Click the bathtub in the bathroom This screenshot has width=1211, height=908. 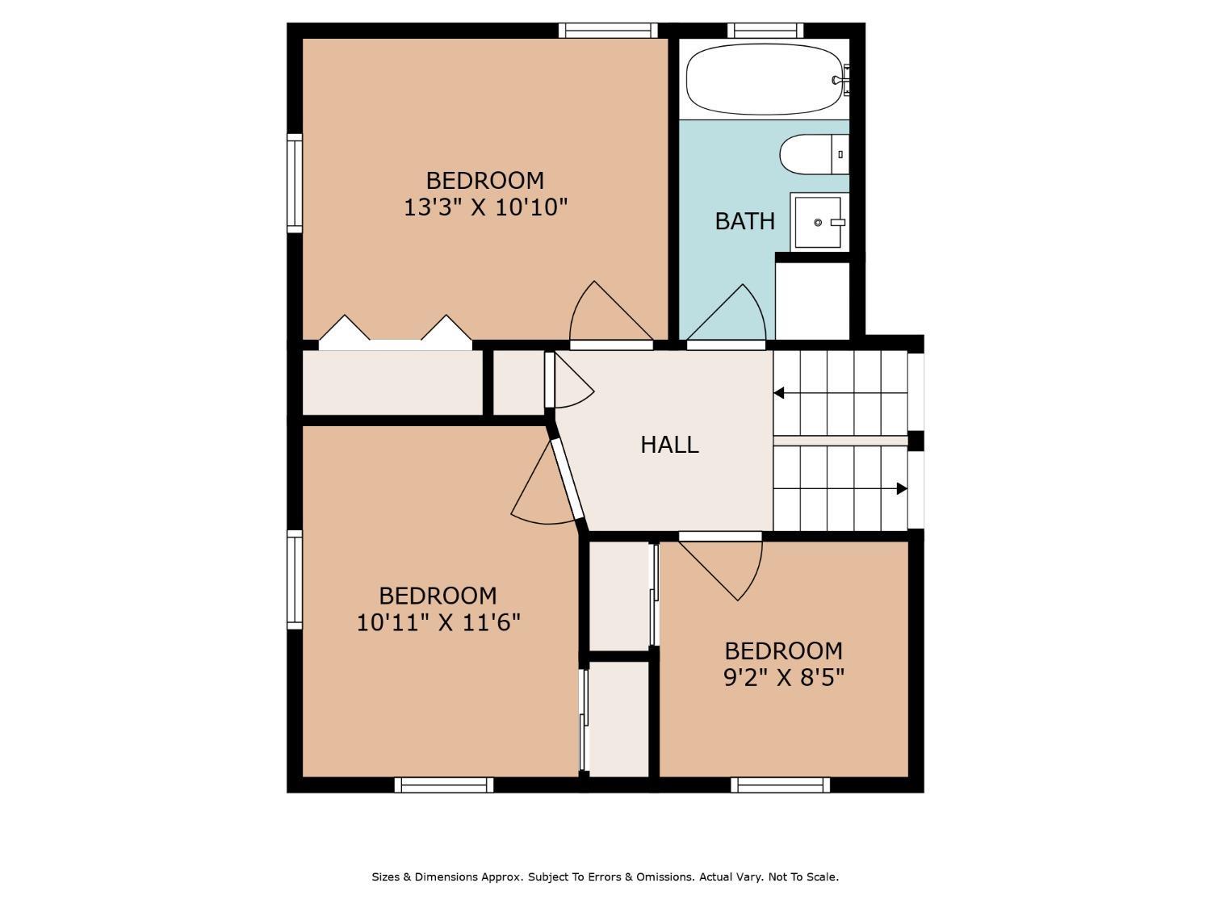(764, 79)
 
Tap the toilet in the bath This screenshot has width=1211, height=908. (813, 154)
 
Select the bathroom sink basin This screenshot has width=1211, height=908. (817, 222)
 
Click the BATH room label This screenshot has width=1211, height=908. (744, 221)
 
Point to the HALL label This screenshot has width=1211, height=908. (669, 445)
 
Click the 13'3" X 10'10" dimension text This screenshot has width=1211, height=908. (485, 208)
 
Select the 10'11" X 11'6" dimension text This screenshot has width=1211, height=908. (438, 623)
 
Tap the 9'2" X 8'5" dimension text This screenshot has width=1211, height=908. (783, 678)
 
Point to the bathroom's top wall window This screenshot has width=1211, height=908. (765, 31)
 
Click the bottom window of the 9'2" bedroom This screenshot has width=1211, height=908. (780, 785)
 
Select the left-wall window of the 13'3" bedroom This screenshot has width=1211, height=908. (295, 183)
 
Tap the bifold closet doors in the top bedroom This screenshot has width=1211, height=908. (395, 333)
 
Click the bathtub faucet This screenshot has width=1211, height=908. (842, 80)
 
